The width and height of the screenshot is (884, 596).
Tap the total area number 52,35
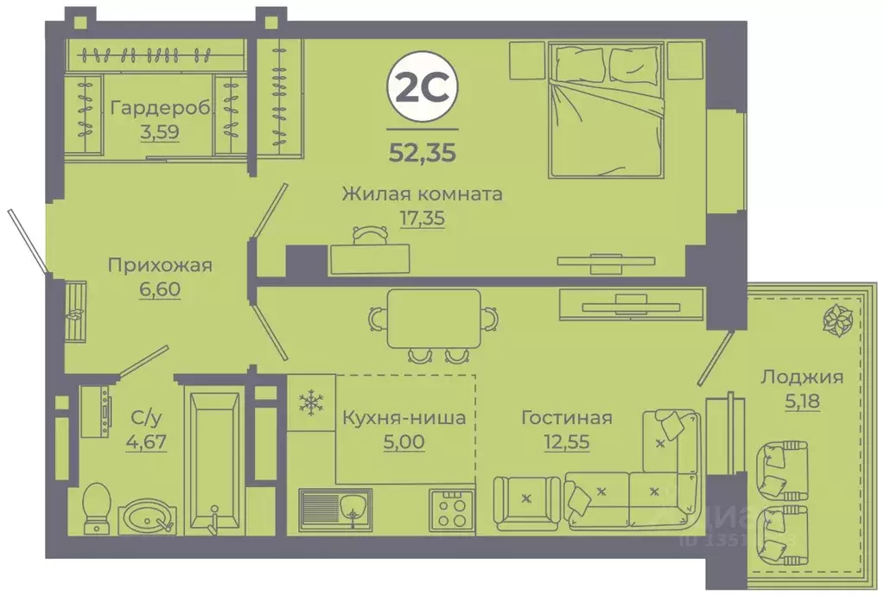(423, 153)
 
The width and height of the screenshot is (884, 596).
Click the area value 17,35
(422, 218)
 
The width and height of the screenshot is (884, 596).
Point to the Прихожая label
(160, 265)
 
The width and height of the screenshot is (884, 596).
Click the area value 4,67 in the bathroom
(146, 444)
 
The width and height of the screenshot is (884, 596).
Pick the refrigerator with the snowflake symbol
(309, 402)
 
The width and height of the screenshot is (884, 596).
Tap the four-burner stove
(451, 509)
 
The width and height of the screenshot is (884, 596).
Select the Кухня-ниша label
(404, 419)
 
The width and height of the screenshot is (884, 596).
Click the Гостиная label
(566, 419)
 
